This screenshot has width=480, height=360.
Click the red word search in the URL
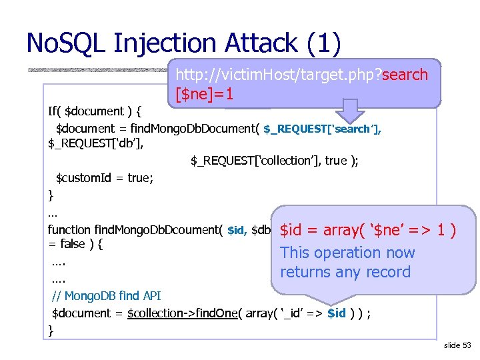tap(405, 75)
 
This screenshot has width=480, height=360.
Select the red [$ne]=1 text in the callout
tap(204, 95)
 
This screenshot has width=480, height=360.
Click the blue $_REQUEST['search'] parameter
tap(323, 128)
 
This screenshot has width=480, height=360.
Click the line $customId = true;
tap(104, 178)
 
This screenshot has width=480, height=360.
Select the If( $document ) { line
tap(96, 111)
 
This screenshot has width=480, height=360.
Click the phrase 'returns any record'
tap(345, 272)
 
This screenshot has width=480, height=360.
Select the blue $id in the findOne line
tap(337, 313)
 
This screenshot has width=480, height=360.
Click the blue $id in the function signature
tap(237, 231)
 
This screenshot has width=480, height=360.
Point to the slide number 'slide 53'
tap(457, 345)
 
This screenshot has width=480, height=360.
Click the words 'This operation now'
tap(347, 253)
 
